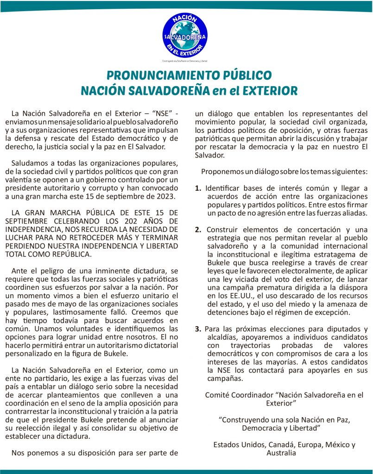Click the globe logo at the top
pyautogui.click(x=185, y=35)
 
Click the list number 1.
pyautogui.click(x=198, y=188)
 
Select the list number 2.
pyautogui.click(x=198, y=230)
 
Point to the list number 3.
pyautogui.click(x=198, y=329)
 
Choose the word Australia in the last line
pyautogui.click(x=281, y=453)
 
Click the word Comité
pyautogui.click(x=217, y=395)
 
